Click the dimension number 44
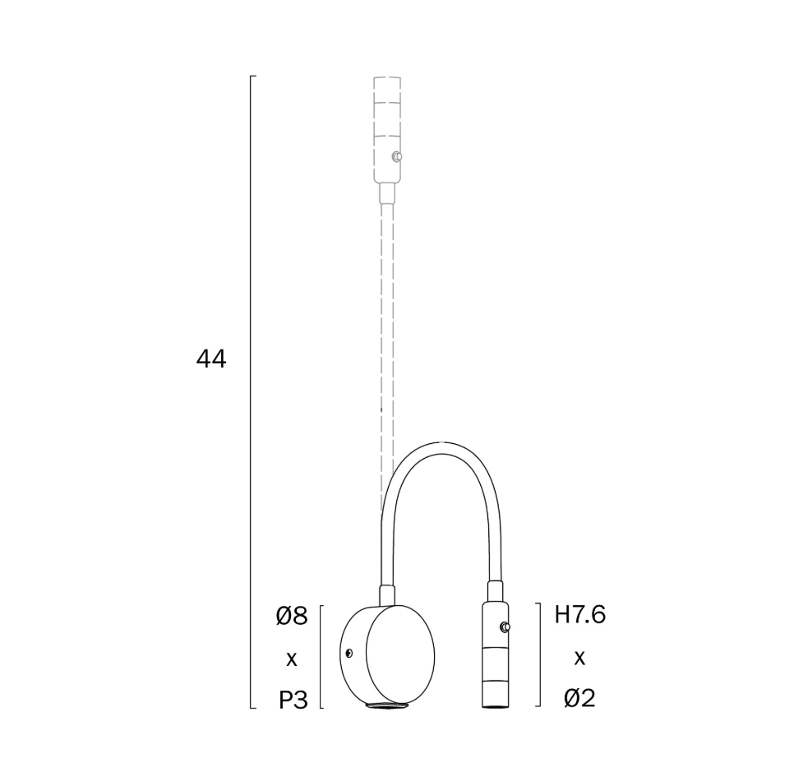click(211, 359)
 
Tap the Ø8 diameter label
click(292, 616)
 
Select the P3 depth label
click(293, 701)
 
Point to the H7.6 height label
click(580, 615)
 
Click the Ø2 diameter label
click(579, 699)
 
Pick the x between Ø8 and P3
click(291, 659)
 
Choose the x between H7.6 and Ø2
click(579, 658)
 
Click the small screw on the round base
click(349, 653)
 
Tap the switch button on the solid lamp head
click(505, 627)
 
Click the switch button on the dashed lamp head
click(398, 157)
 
